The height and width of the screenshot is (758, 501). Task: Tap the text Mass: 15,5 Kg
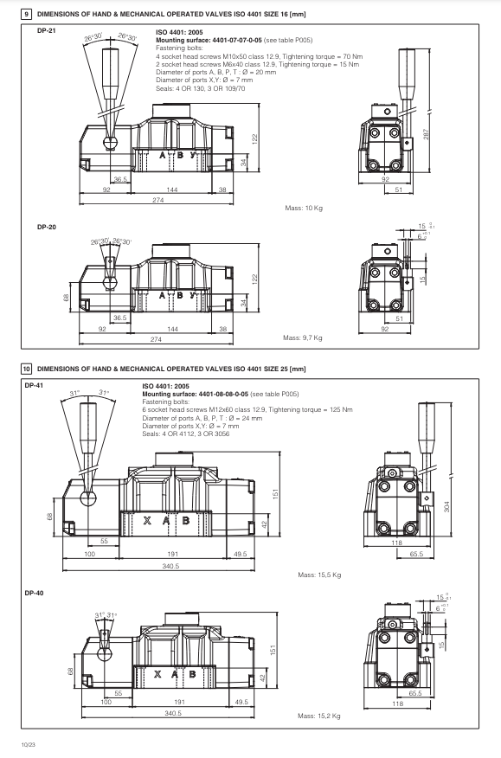tap(319, 575)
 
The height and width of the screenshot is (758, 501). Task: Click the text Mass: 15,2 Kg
tap(319, 716)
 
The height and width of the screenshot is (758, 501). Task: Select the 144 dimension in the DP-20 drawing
tap(173, 329)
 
